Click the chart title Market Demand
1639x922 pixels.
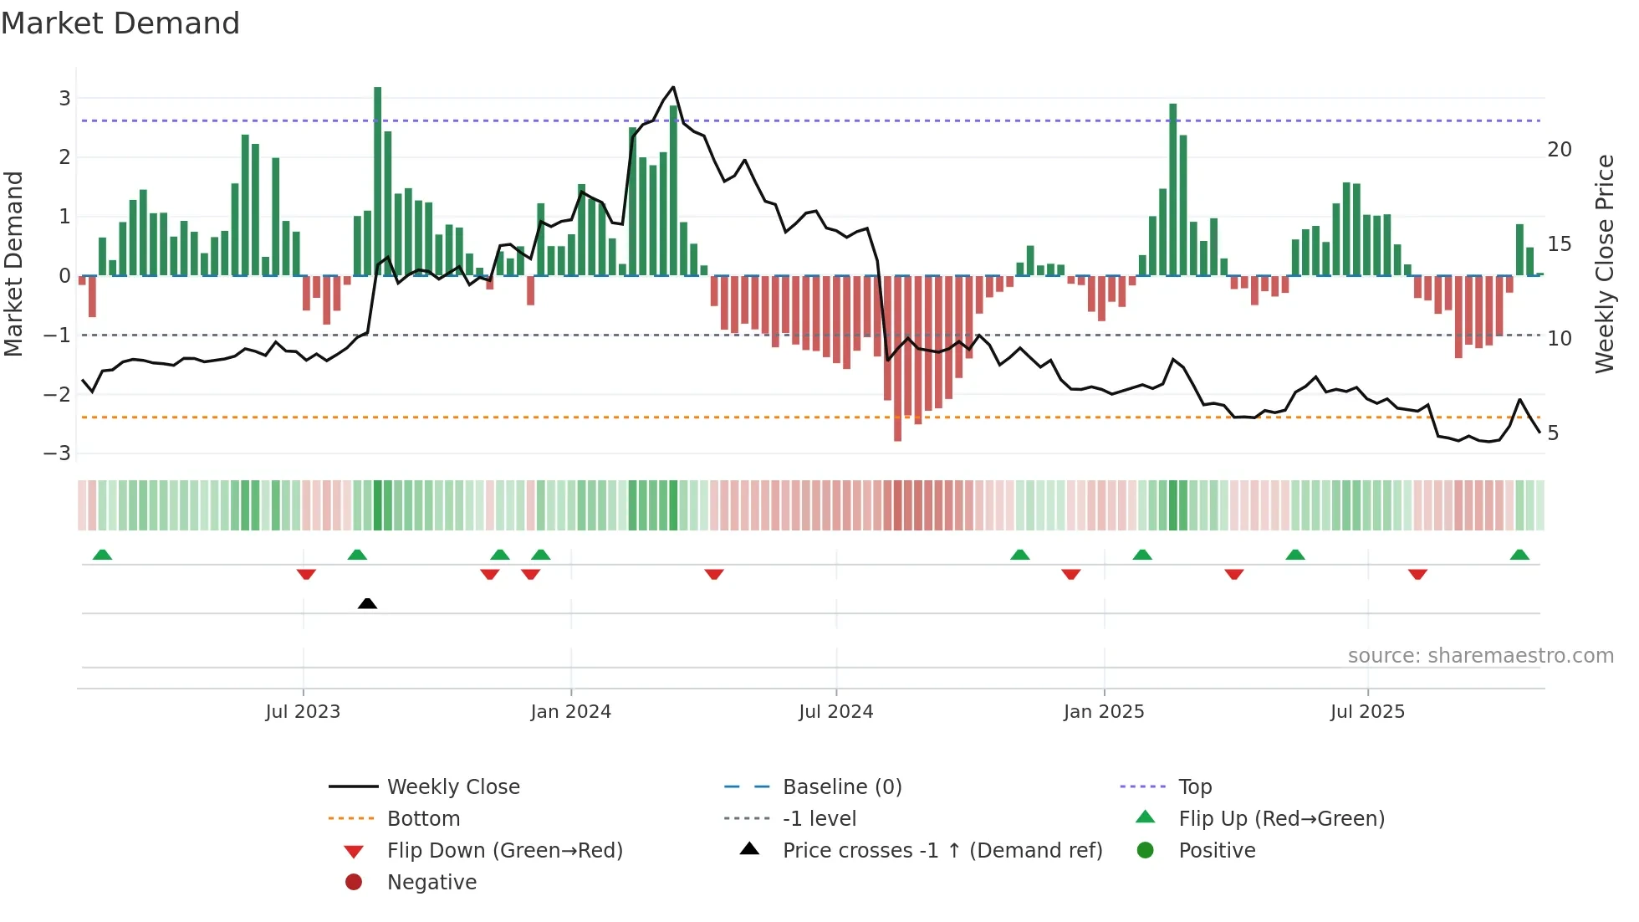[x=120, y=23]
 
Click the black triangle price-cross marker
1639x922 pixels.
[x=367, y=603]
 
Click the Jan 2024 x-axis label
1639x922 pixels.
[x=571, y=712]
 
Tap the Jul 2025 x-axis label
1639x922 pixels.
[x=1368, y=712]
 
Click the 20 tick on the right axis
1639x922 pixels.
[x=1560, y=150]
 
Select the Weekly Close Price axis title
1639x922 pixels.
[x=1605, y=264]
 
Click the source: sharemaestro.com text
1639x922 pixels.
[x=1481, y=656]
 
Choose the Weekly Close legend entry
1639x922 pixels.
[x=453, y=787]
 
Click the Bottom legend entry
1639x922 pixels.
[x=423, y=819]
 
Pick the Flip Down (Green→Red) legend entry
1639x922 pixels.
[x=504, y=851]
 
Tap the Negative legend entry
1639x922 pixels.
[x=431, y=883]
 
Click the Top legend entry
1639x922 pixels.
[x=1195, y=787]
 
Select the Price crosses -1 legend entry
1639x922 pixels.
[x=942, y=851]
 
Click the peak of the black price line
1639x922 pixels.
[x=673, y=87]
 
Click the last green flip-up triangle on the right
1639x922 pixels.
[x=1520, y=555]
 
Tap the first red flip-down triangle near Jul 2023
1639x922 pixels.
[x=306, y=574]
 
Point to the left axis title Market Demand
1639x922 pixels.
[x=14, y=264]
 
